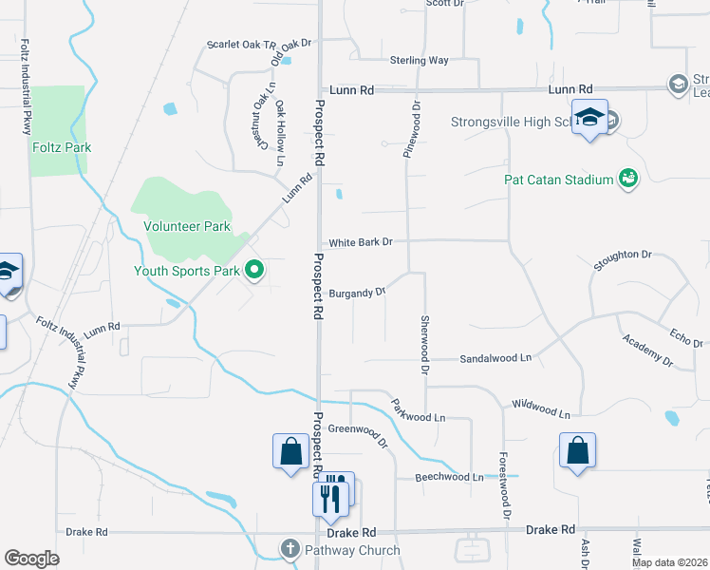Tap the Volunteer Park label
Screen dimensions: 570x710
coord(187,227)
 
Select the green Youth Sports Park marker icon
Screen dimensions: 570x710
coord(253,272)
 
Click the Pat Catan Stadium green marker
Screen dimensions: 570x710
coord(627,178)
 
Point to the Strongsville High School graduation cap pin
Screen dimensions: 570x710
coord(590,117)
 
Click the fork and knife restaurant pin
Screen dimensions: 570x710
coord(328,496)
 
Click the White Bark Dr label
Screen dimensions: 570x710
coord(361,242)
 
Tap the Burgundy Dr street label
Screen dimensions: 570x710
coord(357,293)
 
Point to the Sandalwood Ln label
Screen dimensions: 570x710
coord(495,358)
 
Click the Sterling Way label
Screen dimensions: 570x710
coord(419,61)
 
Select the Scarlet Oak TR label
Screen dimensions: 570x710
coord(241,46)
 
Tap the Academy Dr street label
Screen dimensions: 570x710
coord(647,351)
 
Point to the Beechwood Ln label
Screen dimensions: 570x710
coord(450,477)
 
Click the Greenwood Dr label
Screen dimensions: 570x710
coord(359,434)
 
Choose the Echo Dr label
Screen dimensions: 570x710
coord(684,337)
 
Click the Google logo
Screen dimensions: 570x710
coord(31,559)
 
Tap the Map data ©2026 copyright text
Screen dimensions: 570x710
coord(668,562)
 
